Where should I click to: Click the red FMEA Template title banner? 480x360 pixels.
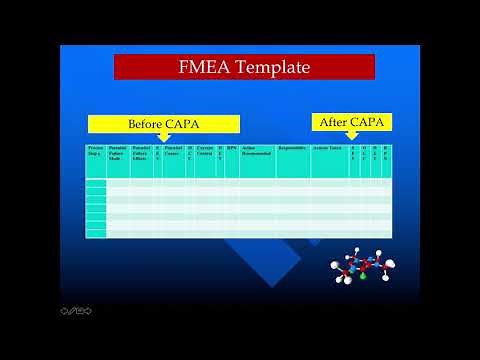pyautogui.click(x=244, y=67)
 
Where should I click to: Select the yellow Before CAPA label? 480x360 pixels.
pyautogui.click(x=163, y=124)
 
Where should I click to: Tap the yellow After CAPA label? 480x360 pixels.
pyautogui.click(x=352, y=122)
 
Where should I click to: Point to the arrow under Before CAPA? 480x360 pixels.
pyautogui.click(x=164, y=137)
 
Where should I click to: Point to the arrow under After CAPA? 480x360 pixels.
pyautogui.click(x=351, y=135)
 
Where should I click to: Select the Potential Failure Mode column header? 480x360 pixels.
pyautogui.click(x=118, y=153)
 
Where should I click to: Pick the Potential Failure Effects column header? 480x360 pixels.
pyautogui.click(x=141, y=153)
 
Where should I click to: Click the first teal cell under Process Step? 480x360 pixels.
pyautogui.click(x=95, y=184)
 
